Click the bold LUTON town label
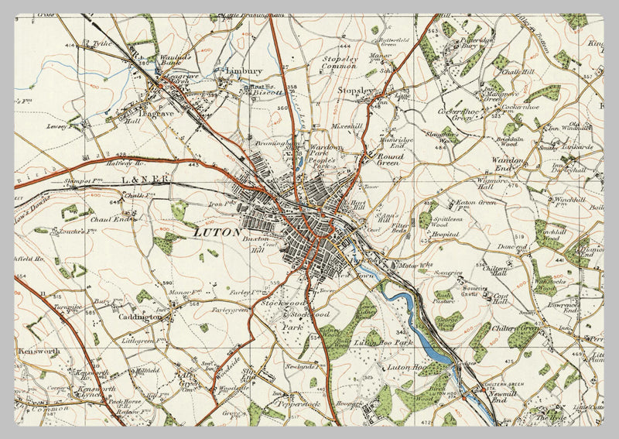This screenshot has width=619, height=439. (x=216, y=232)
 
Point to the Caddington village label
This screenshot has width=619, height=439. (x=141, y=317)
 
